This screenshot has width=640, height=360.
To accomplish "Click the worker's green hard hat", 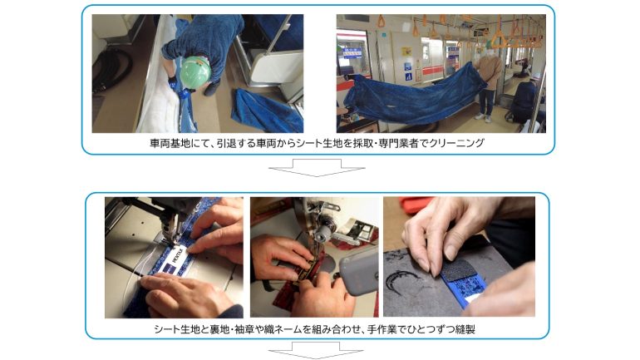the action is coord(195,72).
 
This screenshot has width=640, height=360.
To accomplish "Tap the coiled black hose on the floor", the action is coord(112,68).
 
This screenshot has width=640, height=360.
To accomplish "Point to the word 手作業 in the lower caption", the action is coord(382,329).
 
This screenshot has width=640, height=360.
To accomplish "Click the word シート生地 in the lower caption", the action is coord(175,329).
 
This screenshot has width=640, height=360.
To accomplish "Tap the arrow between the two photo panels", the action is coord(317,168).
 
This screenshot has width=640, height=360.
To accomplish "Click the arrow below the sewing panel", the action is coord(317,350).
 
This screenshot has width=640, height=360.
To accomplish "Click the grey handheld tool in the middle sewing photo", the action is coord(357,271).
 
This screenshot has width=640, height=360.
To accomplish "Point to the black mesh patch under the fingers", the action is coord(455,270).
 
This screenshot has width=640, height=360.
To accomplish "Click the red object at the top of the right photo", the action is coord(416,202).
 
